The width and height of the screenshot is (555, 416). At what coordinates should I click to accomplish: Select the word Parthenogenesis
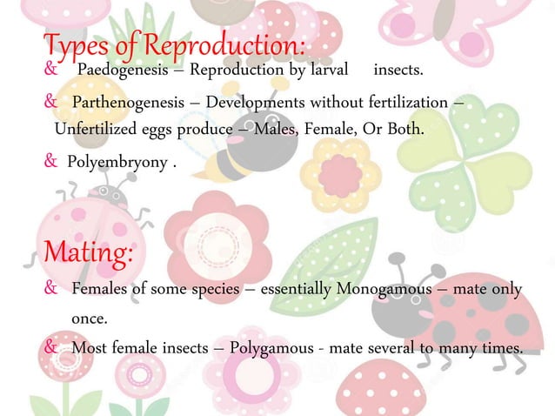127,104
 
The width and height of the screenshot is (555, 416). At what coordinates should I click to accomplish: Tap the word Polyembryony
113,161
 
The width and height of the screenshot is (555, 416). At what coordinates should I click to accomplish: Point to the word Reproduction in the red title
233,43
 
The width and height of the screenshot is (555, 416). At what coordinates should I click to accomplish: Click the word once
89,319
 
